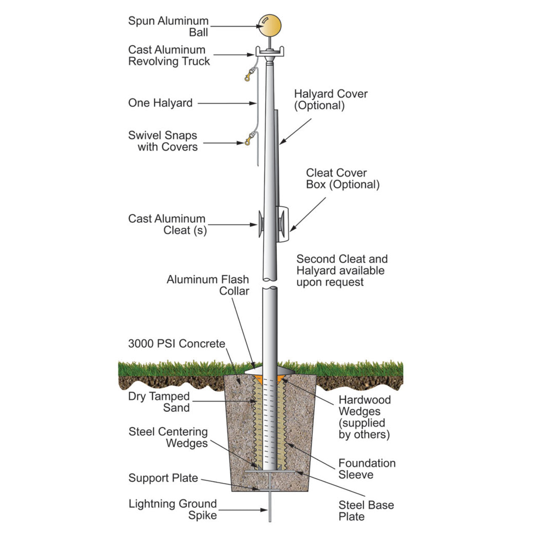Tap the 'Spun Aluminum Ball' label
point(168,26)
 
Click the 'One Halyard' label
point(160,103)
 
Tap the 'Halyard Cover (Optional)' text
point(331,99)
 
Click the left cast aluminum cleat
point(261,224)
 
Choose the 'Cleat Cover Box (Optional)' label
point(342,179)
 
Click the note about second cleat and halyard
point(342,270)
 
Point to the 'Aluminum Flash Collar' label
point(208,285)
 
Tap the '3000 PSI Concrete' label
point(176,344)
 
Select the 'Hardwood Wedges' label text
point(364,417)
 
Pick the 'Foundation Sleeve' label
point(367,469)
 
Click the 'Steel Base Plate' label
point(366,510)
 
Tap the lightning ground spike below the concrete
point(270,510)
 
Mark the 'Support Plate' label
point(163,478)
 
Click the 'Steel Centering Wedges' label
point(168,437)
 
